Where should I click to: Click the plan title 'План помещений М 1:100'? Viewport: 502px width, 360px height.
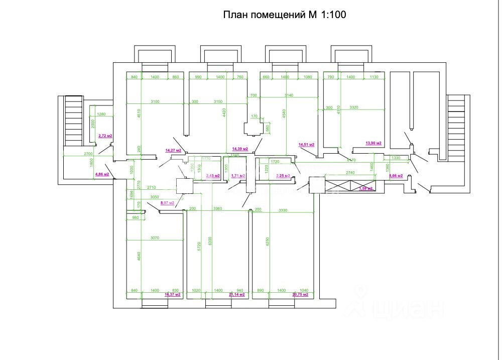(285, 15)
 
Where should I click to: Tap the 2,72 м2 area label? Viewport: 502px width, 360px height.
(105, 136)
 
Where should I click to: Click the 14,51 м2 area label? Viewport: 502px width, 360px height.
(306, 145)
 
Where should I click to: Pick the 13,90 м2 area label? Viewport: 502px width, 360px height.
(373, 144)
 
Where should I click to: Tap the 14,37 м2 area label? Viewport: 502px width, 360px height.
(173, 295)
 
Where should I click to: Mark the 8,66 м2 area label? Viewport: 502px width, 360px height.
(397, 176)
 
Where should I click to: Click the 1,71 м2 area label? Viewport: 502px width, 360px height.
(237, 176)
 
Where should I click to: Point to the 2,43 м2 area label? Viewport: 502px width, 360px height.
(213, 176)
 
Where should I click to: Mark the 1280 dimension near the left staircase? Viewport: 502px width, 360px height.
(101, 114)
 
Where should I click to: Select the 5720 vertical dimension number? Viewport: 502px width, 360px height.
(199, 246)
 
